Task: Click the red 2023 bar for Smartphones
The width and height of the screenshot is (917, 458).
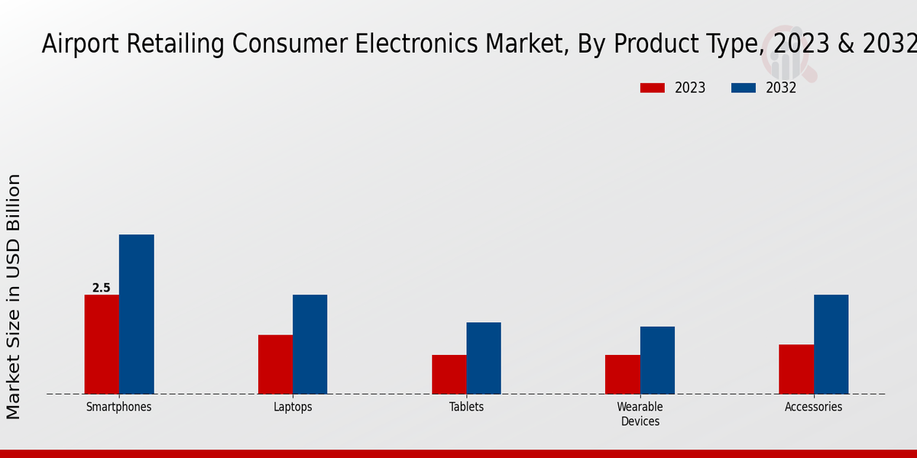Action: [x=102, y=344]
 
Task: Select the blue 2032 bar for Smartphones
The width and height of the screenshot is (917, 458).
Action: [x=136, y=314]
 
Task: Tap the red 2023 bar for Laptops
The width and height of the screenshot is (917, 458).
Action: [x=275, y=364]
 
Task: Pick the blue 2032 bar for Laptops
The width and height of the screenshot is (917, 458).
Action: [x=309, y=344]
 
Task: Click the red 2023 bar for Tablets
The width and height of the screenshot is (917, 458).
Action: [x=449, y=374]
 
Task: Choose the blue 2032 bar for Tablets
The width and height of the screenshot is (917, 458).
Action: [x=484, y=358]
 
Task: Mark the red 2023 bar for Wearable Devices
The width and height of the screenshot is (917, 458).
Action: [x=622, y=374]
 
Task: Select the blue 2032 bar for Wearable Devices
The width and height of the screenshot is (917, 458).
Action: [x=657, y=360]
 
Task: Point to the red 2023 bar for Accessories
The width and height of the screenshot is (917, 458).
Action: [x=796, y=369]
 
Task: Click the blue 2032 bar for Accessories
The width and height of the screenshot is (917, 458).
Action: [x=831, y=344]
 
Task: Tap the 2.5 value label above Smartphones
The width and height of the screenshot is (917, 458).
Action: [x=102, y=288]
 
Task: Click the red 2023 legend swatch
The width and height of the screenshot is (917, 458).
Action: [x=652, y=88]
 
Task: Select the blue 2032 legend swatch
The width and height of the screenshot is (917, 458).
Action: [x=743, y=88]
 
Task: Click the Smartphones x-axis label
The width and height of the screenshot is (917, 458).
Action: [x=118, y=407]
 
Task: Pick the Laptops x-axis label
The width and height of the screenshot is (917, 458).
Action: [x=293, y=407]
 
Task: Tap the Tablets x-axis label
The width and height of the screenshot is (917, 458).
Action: [x=466, y=407]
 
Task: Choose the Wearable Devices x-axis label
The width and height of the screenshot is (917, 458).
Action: [x=640, y=414]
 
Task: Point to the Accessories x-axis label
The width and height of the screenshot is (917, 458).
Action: [x=813, y=407]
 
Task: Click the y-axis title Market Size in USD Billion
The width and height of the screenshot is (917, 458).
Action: [x=14, y=296]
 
